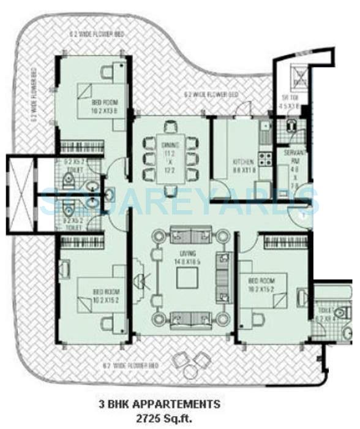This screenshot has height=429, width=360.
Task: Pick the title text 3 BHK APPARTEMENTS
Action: [x=159, y=404]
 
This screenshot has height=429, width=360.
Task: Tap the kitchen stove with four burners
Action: [x=266, y=159]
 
